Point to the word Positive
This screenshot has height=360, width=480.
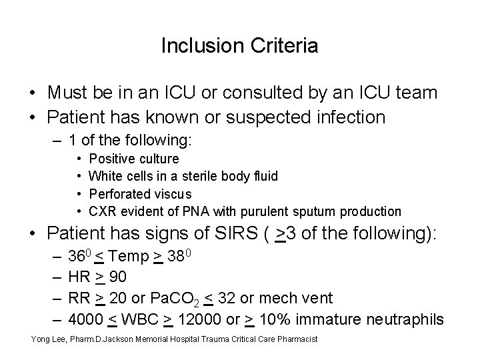tap(110, 159)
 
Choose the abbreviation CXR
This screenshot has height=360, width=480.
tap(102, 211)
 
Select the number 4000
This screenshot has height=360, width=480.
tap(83, 319)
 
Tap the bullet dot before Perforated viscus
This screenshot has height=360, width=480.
tap(79, 194)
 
